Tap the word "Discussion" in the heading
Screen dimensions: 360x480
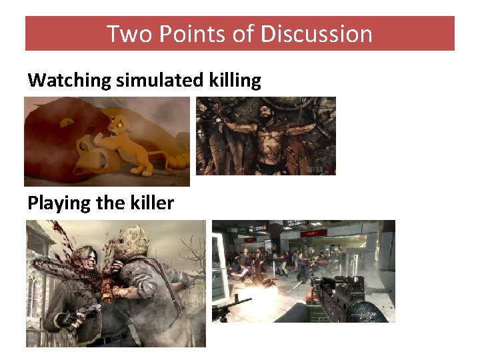click(x=317, y=33)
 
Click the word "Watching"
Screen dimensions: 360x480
click(x=69, y=81)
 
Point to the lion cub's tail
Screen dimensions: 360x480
click(x=164, y=155)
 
